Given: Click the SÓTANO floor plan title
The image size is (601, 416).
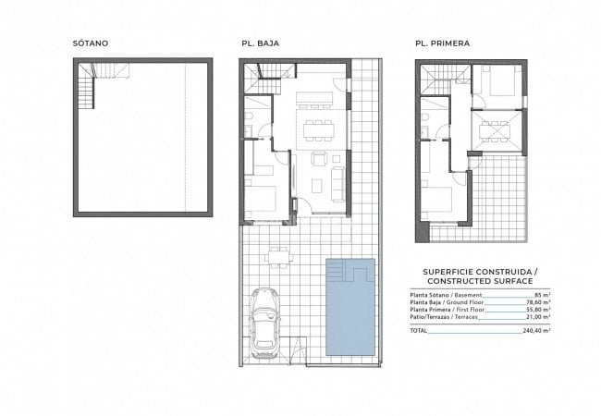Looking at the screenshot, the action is pyautogui.click(x=91, y=43).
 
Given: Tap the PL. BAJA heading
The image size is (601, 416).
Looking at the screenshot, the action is pyautogui.click(x=260, y=43).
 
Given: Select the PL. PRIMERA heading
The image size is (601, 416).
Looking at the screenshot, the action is pyautogui.click(x=442, y=43).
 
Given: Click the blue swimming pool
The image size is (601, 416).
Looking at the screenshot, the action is pyautogui.click(x=350, y=307).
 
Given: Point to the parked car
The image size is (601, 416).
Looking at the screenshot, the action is pyautogui.click(x=264, y=324).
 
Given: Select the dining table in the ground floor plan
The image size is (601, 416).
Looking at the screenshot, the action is pyautogui.click(x=318, y=130).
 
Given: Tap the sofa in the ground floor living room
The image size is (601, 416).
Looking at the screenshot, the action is pyautogui.click(x=338, y=184).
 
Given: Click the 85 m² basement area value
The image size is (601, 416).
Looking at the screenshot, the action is pyautogui.click(x=543, y=295).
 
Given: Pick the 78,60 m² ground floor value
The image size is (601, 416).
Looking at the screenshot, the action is pyautogui.click(x=538, y=302).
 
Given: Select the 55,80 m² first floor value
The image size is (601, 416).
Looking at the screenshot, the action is pyautogui.click(x=538, y=309).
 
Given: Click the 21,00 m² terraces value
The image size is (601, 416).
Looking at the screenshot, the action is pyautogui.click(x=538, y=317).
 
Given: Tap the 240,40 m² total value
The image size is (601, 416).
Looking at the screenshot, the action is pyautogui.click(x=536, y=331).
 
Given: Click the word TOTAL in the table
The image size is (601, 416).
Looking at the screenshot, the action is pyautogui.click(x=418, y=331).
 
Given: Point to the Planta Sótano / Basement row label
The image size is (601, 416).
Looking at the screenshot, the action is pyautogui.click(x=446, y=295).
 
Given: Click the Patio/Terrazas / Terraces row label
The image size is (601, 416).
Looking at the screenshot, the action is pyautogui.click(x=444, y=317).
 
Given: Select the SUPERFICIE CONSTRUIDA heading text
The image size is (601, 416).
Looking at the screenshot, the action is pyautogui.click(x=480, y=272).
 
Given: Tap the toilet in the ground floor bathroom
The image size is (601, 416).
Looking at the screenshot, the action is pyautogui.click(x=249, y=116).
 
